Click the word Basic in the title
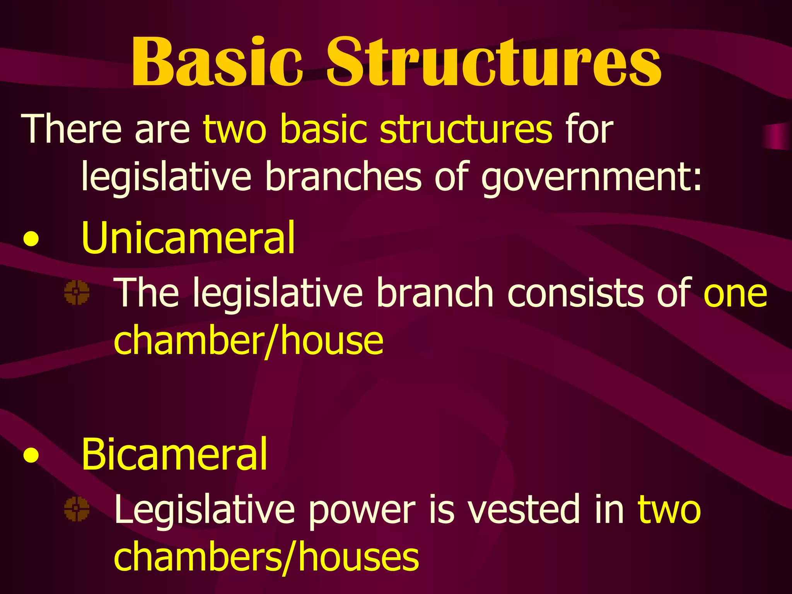217,62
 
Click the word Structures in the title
493,62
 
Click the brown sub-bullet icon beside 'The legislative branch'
77,293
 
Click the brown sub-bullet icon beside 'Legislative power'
77,509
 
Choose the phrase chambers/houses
266,557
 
